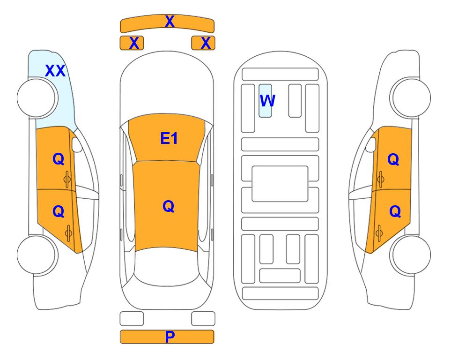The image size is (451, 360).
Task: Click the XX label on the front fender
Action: tap(55, 71)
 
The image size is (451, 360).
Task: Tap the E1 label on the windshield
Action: tap(169, 138)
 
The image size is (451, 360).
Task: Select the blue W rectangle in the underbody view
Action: tap(265, 101)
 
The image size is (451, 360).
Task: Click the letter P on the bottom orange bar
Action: tap(170, 337)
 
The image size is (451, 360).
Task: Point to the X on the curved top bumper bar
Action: tap(170, 22)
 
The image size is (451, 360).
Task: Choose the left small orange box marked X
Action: tap(132, 43)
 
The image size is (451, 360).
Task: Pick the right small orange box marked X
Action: tap(203, 43)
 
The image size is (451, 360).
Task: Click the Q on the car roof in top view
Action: tap(169, 207)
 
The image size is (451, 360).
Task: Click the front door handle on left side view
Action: tap(67, 180)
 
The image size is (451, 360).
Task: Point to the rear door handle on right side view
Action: tap(379, 233)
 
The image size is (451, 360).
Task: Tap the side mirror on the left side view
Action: tap(77, 144)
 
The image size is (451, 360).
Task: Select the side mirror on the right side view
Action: tap(371, 144)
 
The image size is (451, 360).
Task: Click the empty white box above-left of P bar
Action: tap(132, 319)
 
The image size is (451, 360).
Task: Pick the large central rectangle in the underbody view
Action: tap(280, 184)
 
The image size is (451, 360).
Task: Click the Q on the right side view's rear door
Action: tap(395, 212)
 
